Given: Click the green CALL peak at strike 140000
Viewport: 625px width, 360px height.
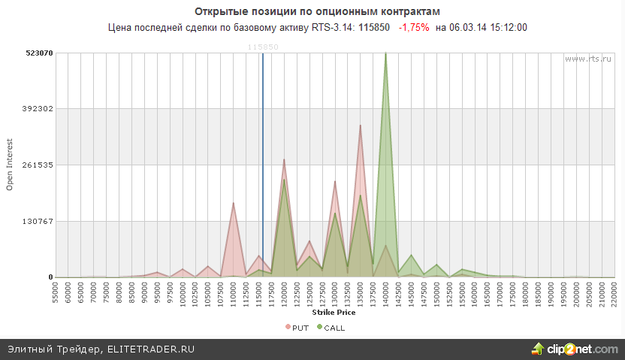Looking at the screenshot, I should pos(385,54).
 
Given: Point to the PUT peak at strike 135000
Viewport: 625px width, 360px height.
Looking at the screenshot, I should pos(360,126).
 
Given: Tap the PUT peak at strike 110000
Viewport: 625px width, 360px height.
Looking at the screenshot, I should pos(234,204).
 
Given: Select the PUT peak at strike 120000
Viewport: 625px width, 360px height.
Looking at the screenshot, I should pos(284,160).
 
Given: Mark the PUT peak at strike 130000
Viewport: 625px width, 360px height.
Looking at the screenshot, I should pos(335,182).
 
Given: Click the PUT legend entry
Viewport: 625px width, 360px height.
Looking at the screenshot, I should pos(297,327).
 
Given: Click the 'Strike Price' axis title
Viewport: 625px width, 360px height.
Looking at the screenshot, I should pos(335,313).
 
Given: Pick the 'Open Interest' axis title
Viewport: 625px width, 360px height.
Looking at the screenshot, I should pos(10,165).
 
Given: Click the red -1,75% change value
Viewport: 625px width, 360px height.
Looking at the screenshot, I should pos(414,27).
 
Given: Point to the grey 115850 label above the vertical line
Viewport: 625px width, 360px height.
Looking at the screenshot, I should pos(263,47).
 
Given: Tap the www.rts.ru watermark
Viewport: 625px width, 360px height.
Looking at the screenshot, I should pos(585,58).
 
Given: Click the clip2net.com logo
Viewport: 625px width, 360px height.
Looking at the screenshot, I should pos(575,349).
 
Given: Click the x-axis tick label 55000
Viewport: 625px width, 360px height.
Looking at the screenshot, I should pos(56,294).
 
